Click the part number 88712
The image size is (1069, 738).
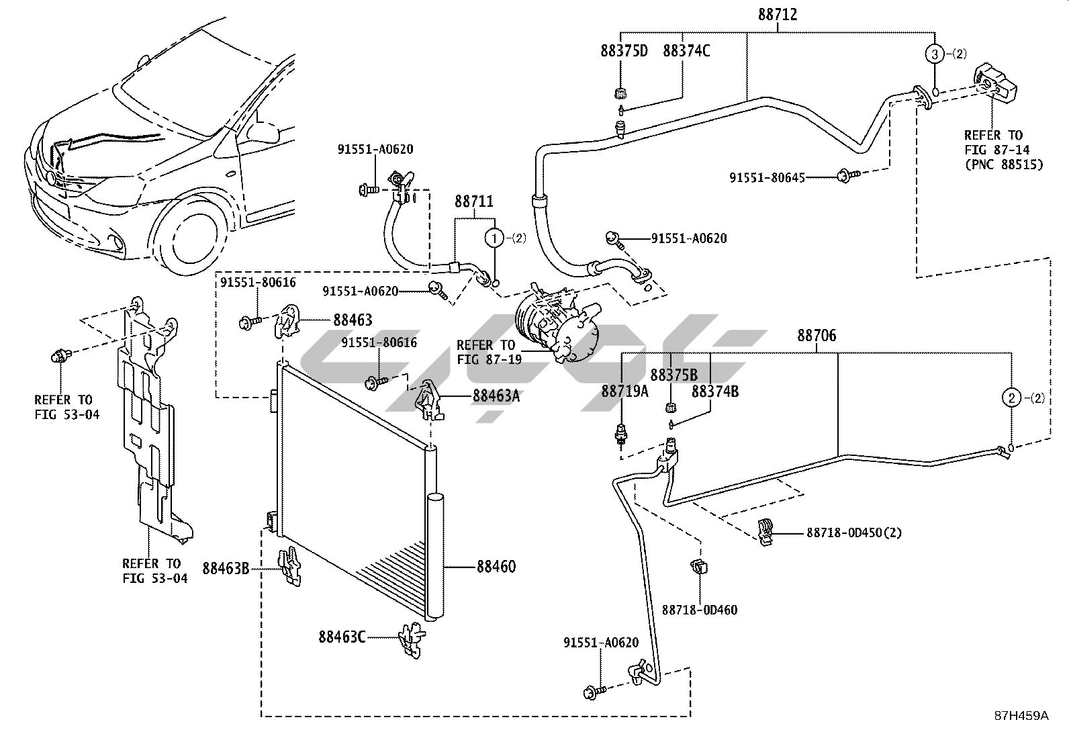[x=778, y=14]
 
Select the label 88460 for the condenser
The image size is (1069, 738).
[x=496, y=567]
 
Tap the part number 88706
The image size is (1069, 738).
[x=817, y=335]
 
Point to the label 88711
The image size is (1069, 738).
[x=474, y=201]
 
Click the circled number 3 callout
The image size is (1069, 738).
[x=934, y=54]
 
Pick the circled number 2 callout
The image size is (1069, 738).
[x=1011, y=398]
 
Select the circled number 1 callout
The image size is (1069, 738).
[x=494, y=238]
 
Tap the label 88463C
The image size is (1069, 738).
[x=342, y=637]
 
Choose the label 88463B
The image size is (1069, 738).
[x=226, y=569]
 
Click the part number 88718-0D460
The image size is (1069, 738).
[x=699, y=610]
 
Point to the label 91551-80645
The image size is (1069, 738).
[x=767, y=177]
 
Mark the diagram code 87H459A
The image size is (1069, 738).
[x=1021, y=716]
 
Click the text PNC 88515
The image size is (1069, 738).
[x=1004, y=164]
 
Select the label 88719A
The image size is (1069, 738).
[x=624, y=391]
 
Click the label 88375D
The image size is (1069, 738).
[x=624, y=51]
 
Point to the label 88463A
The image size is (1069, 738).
[x=496, y=396]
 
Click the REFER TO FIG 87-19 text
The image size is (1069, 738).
[x=485, y=352]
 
